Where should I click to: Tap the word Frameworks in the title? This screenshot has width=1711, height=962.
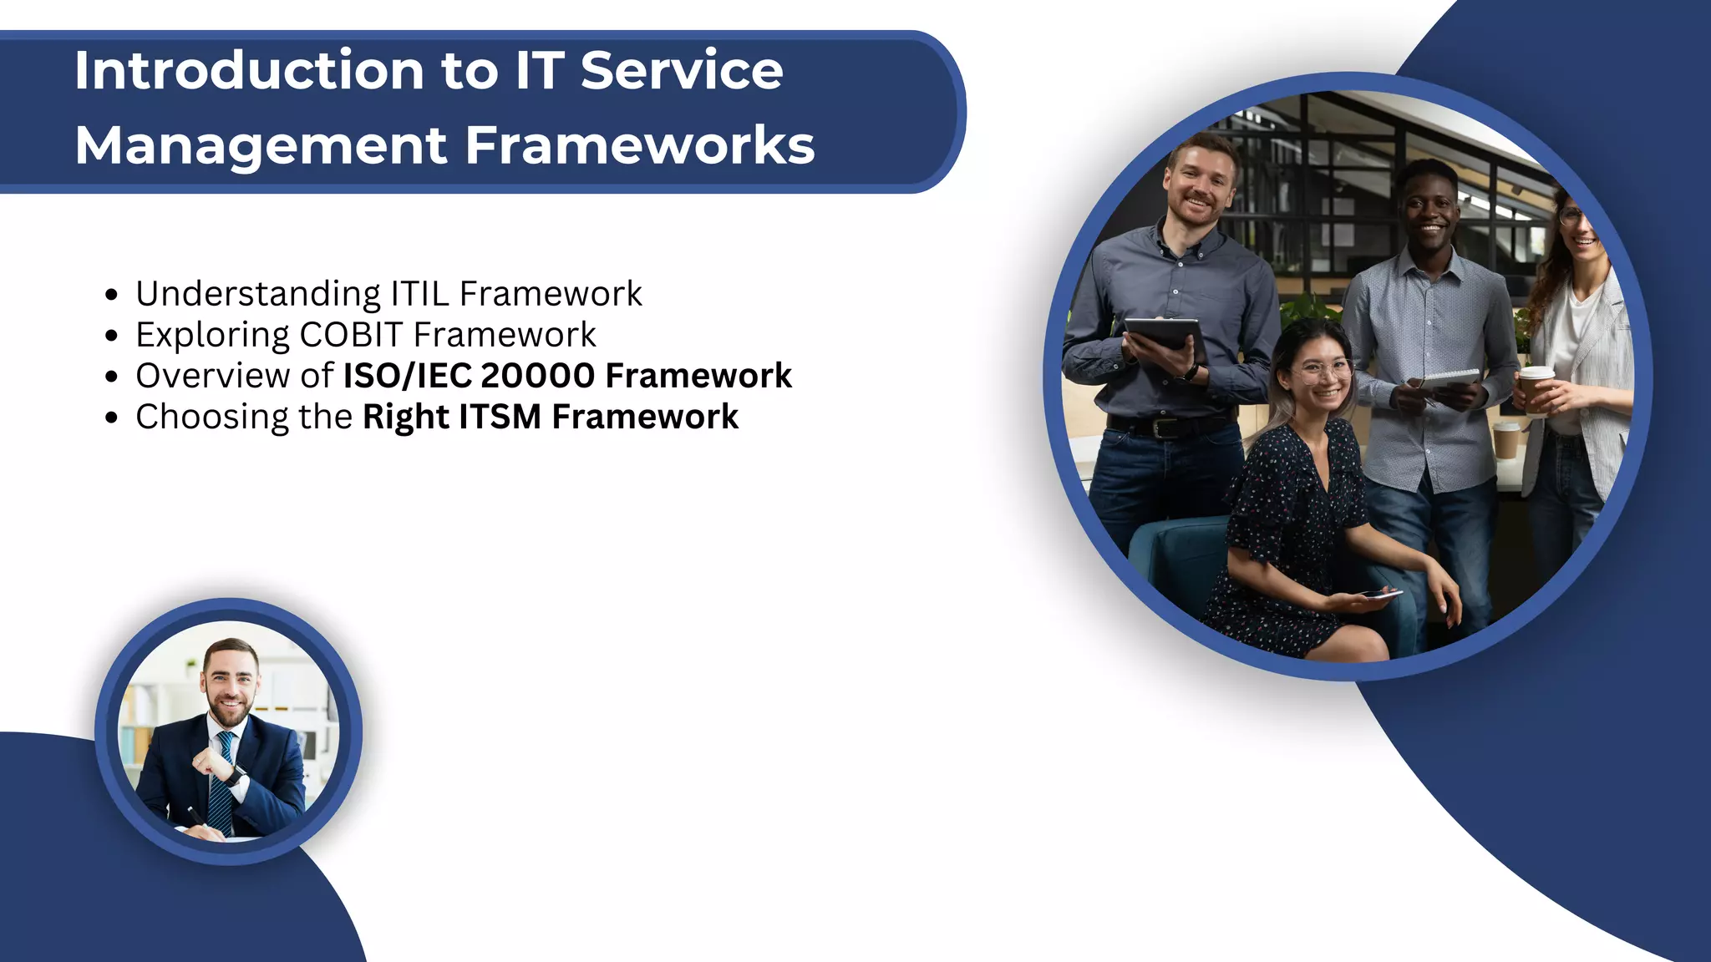tap(639, 146)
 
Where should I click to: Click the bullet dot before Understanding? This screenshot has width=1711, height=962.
tap(112, 295)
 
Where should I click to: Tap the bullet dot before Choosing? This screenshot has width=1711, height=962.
tap(112, 418)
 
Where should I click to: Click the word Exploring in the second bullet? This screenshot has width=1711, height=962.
tap(213, 336)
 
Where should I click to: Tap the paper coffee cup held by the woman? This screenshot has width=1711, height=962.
tap(1535, 389)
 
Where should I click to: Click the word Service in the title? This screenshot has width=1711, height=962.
tap(682, 70)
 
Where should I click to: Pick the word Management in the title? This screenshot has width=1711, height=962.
tap(261, 146)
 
